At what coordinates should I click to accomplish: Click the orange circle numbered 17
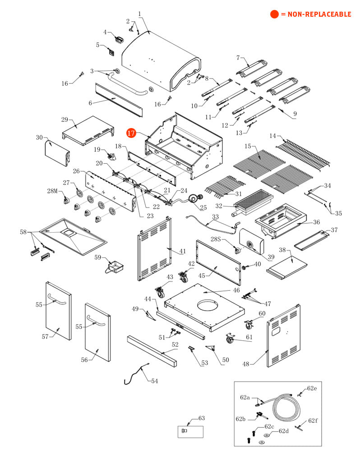131,133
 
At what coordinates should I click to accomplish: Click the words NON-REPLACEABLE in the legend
315,14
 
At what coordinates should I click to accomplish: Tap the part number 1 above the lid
140,14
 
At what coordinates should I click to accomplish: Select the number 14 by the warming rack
273,136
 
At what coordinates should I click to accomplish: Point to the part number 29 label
65,119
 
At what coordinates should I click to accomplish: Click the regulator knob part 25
195,198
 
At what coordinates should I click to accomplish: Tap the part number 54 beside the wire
155,381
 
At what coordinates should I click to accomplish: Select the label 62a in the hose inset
245,397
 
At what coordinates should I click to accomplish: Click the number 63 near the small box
201,418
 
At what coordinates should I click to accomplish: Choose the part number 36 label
317,222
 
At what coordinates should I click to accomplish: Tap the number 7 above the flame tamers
238,58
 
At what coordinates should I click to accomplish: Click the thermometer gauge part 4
119,40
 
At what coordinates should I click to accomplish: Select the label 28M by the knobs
52,191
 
